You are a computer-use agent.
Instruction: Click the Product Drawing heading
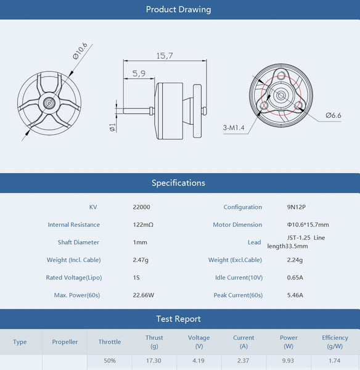[x=178, y=9]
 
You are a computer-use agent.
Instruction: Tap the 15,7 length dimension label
[x=165, y=55]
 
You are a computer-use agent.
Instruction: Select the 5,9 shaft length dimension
[x=139, y=73]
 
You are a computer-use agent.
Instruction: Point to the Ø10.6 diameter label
[x=80, y=51]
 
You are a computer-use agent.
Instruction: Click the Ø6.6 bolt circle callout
[x=333, y=115]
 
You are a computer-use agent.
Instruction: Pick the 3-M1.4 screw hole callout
[x=234, y=128]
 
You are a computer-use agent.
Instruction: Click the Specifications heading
[x=178, y=183]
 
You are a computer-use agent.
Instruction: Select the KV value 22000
[x=141, y=207]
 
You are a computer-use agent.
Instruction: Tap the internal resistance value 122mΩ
[x=142, y=225]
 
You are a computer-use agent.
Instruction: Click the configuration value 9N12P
[x=297, y=207]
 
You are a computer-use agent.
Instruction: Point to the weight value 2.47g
[x=141, y=260]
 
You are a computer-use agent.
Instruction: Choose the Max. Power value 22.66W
[x=143, y=295]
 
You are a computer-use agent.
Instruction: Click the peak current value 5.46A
[x=295, y=295]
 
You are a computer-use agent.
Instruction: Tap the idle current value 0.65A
[x=295, y=277]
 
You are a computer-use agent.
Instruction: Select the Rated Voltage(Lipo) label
[x=73, y=277]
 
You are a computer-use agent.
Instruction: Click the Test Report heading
[x=178, y=319]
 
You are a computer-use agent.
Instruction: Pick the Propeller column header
[x=65, y=342]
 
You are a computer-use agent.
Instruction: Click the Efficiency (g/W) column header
[x=335, y=342]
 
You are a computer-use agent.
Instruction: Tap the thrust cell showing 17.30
[x=154, y=360]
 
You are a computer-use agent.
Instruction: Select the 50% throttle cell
[x=110, y=360]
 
